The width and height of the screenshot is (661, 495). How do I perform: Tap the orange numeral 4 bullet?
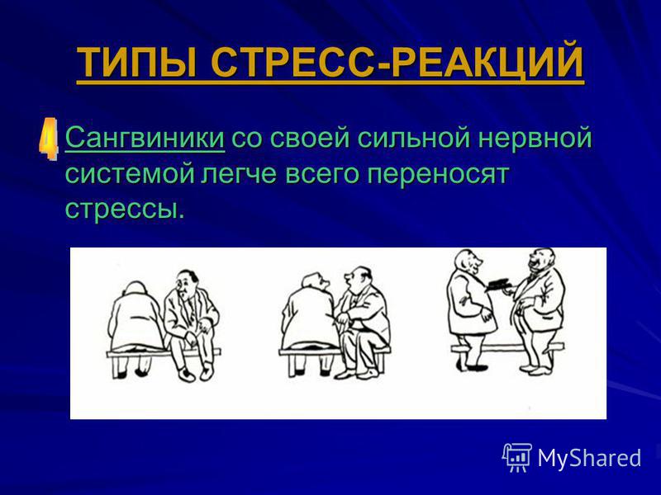(48, 139)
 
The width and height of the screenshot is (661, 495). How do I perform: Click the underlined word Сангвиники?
(145, 137)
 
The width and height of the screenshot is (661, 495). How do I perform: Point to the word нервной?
(535, 137)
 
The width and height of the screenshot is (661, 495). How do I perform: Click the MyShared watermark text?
(590, 458)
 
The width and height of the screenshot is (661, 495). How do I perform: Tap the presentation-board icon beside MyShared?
(517, 458)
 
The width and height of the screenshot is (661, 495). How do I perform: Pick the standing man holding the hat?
(468, 310)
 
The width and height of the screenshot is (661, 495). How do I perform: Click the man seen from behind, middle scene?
(310, 322)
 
